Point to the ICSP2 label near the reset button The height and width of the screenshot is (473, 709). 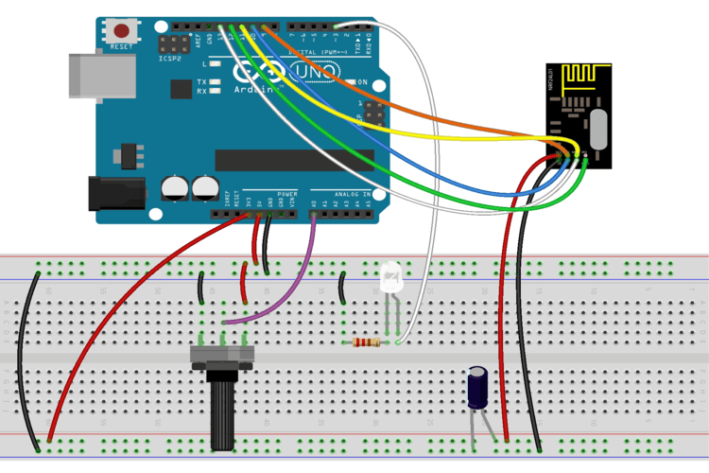tap(172, 59)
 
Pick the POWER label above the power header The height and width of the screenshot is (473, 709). tap(287, 193)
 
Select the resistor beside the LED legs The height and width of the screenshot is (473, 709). tap(367, 342)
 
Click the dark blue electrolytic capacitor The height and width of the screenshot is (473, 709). tap(478, 388)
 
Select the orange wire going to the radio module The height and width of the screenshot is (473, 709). tap(454, 124)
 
